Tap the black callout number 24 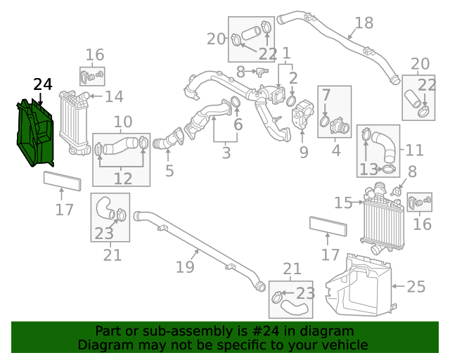(x=42, y=84)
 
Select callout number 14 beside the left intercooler (x=113, y=97)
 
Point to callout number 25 (x=416, y=286)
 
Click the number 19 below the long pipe (x=184, y=266)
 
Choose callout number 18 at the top (x=364, y=23)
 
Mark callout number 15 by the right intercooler (x=343, y=203)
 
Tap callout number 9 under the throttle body (x=304, y=152)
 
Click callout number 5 (x=169, y=171)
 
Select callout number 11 (x=414, y=150)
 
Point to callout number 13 (x=368, y=169)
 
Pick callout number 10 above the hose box (x=122, y=121)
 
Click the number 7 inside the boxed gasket (x=326, y=95)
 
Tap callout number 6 (x=238, y=125)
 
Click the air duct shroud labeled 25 (x=359, y=285)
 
